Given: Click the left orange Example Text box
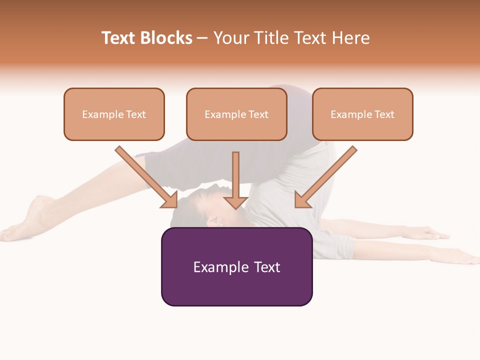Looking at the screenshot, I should (x=114, y=114).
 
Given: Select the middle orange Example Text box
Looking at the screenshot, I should (x=236, y=114).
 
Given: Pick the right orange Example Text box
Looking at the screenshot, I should (x=362, y=114).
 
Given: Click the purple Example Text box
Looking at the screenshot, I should (x=236, y=266).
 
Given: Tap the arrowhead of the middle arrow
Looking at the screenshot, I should (x=235, y=202).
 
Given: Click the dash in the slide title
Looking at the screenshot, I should (x=202, y=38).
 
